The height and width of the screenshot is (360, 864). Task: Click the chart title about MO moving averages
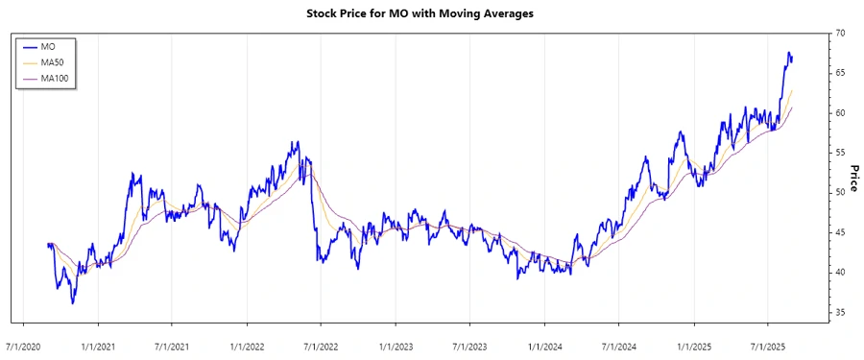[432, 13]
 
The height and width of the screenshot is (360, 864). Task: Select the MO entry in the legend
[47, 45]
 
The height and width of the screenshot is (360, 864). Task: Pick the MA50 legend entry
[52, 61]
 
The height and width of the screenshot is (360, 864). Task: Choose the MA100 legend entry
[54, 78]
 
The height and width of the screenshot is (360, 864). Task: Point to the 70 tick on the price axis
[839, 33]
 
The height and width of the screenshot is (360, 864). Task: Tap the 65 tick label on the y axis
[839, 73]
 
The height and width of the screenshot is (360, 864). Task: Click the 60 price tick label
[839, 112]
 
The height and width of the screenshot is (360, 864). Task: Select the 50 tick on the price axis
[839, 192]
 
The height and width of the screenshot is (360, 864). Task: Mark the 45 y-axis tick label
[839, 232]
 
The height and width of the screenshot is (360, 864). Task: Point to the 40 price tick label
[839, 273]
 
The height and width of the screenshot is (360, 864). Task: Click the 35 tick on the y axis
[839, 312]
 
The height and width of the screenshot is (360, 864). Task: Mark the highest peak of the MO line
[788, 52]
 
